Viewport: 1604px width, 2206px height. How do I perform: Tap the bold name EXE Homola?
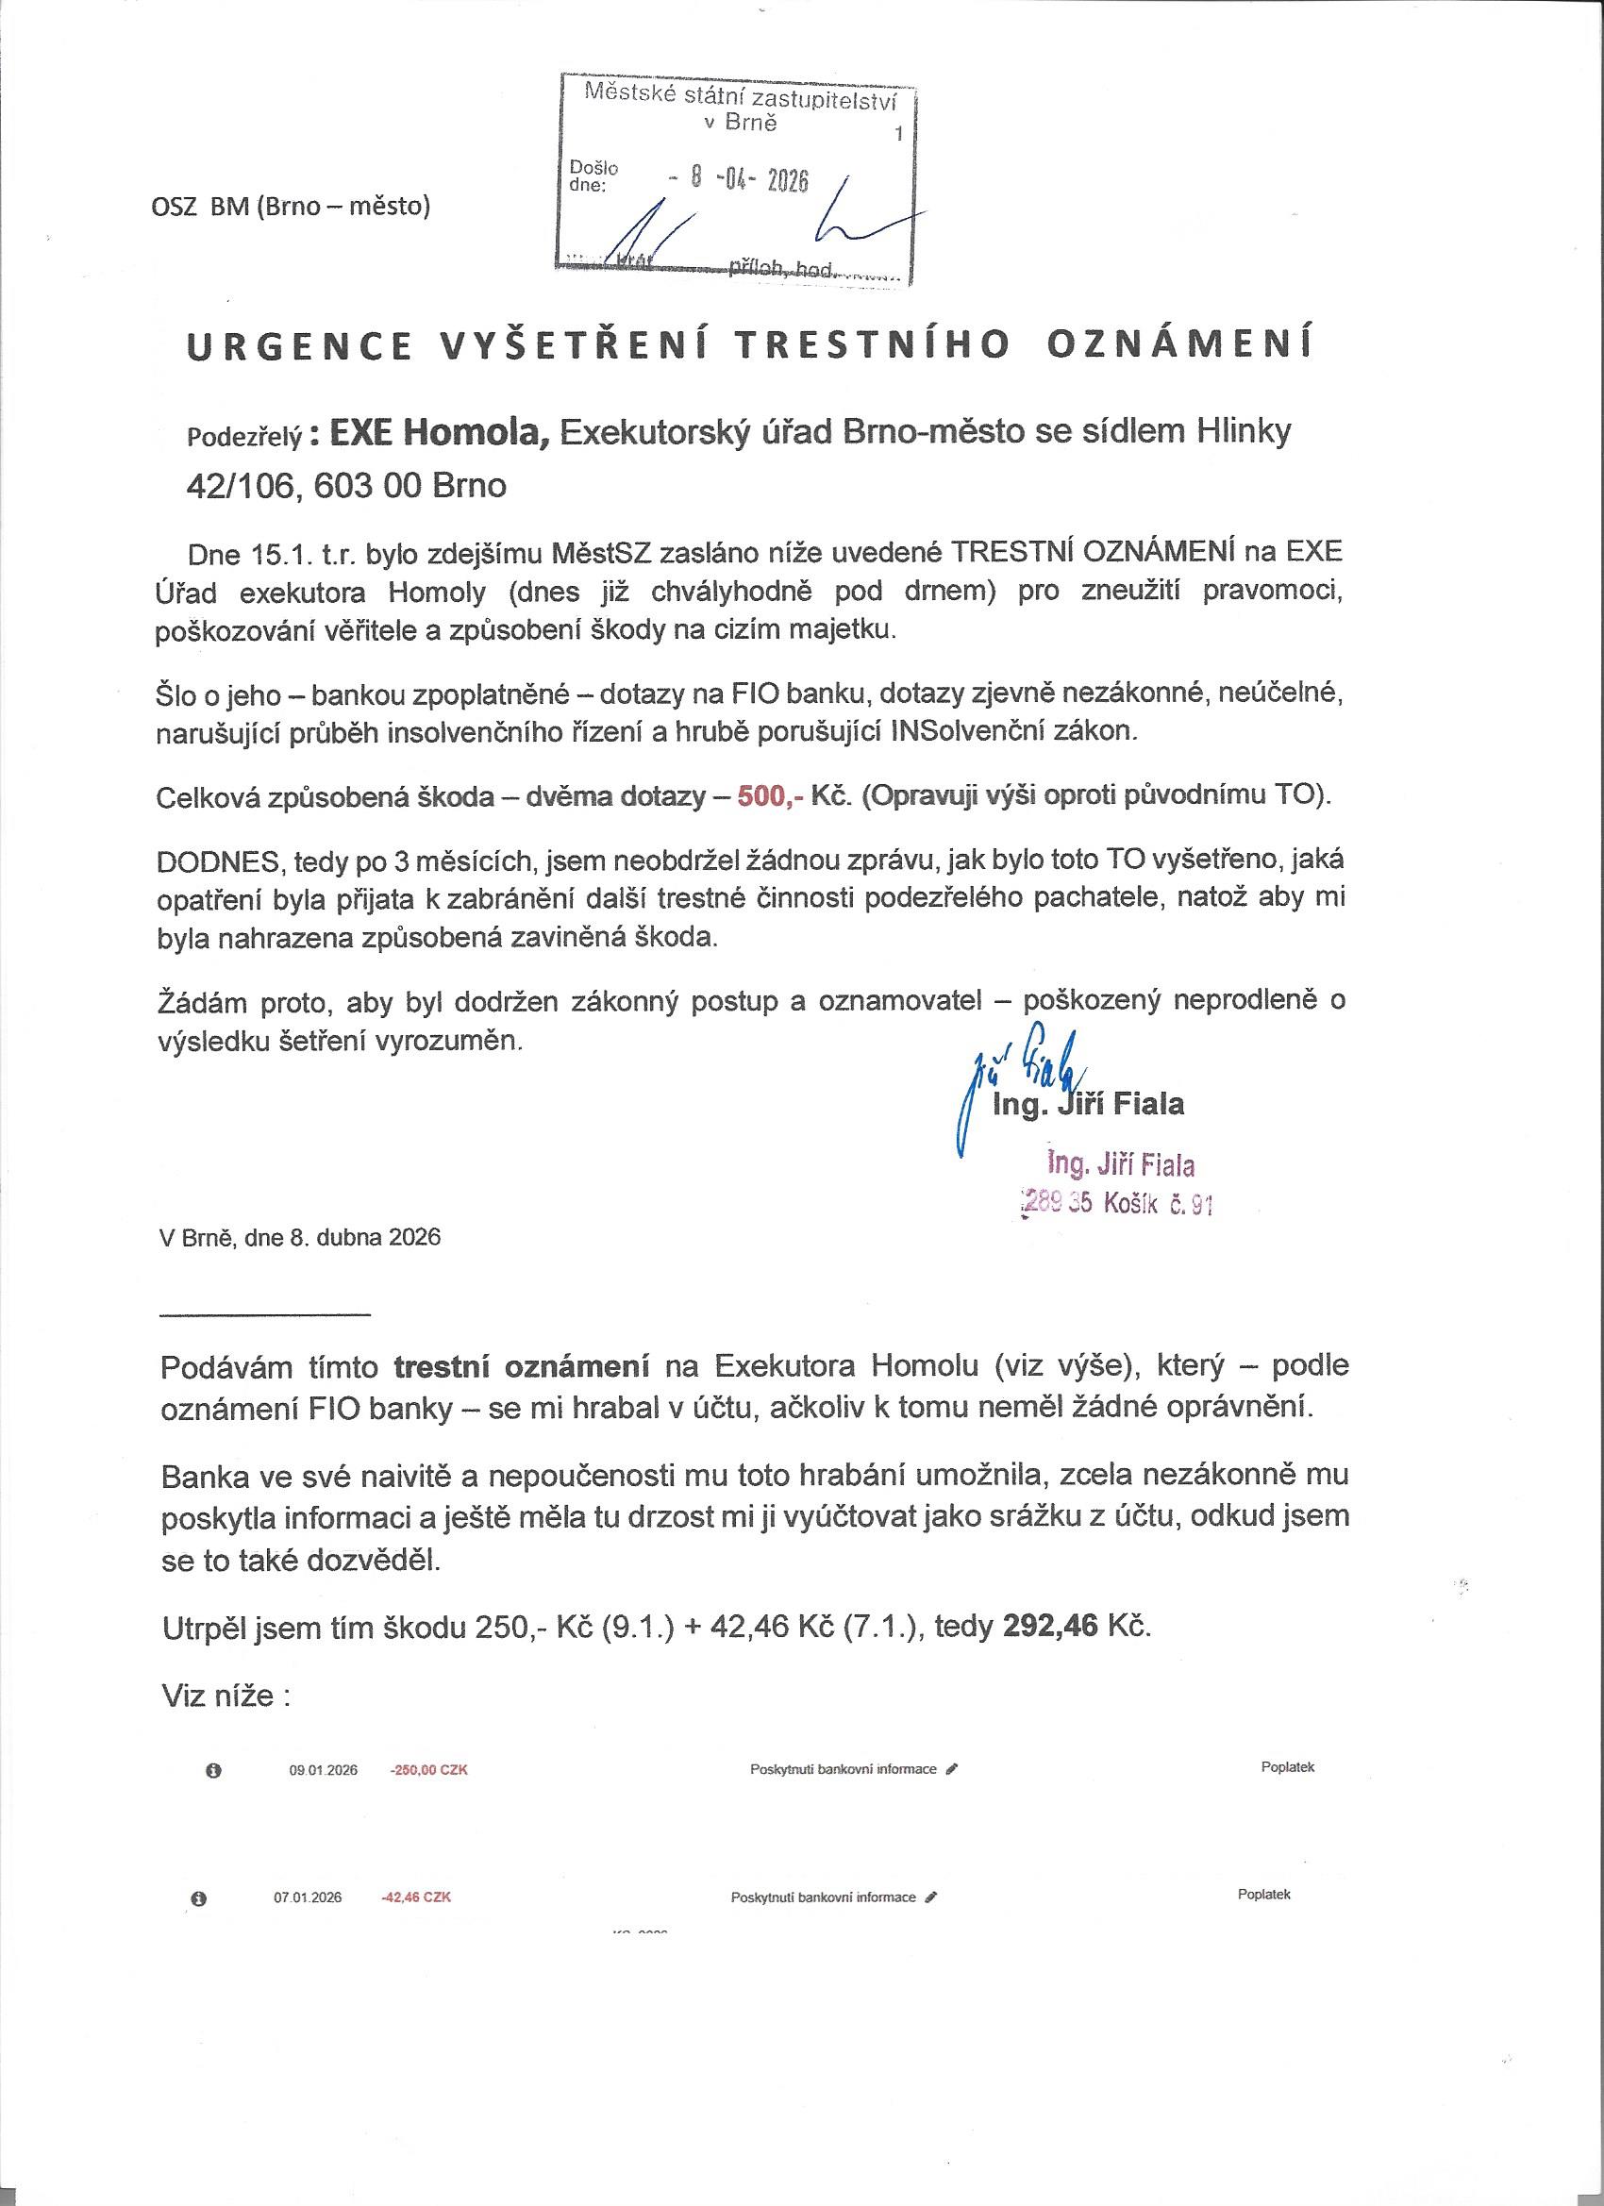point(441,431)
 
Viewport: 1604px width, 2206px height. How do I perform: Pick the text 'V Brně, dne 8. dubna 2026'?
point(300,1237)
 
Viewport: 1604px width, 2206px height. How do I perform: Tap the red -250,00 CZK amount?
point(429,1770)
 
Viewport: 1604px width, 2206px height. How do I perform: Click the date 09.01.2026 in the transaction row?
point(323,1770)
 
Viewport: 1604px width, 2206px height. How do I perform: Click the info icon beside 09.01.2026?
point(214,1771)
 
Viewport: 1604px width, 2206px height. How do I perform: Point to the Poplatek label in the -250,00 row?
point(1287,1767)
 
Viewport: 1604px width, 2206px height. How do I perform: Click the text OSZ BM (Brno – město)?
point(290,207)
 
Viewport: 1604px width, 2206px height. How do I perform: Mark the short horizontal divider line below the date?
point(264,1315)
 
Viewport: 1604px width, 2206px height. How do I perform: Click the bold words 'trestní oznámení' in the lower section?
point(522,1366)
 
